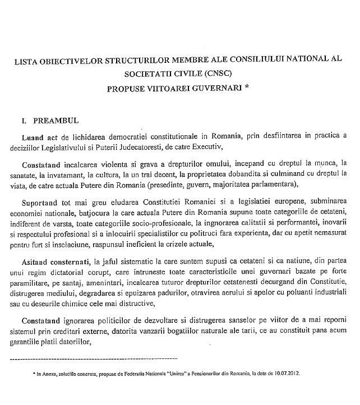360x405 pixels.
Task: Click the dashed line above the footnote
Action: pos(95,358)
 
